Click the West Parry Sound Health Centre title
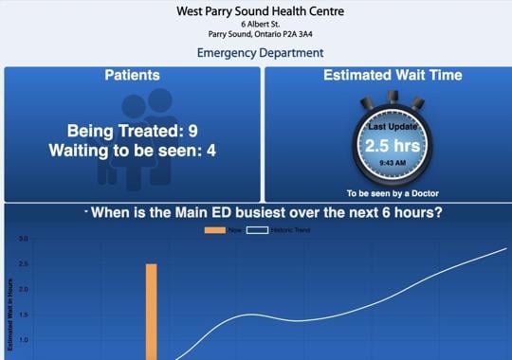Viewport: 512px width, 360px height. click(260, 11)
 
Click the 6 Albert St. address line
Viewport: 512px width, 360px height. click(260, 23)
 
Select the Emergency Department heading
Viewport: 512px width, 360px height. click(260, 53)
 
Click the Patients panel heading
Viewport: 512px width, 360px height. click(132, 75)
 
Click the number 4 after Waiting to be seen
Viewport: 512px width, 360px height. click(211, 150)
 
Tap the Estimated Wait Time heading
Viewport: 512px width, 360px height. click(393, 75)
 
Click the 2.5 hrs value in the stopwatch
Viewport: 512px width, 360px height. click(393, 146)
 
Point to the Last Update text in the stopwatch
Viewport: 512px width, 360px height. click(393, 126)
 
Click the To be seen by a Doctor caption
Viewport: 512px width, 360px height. click(393, 193)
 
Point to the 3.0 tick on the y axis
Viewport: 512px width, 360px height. click(23, 239)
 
